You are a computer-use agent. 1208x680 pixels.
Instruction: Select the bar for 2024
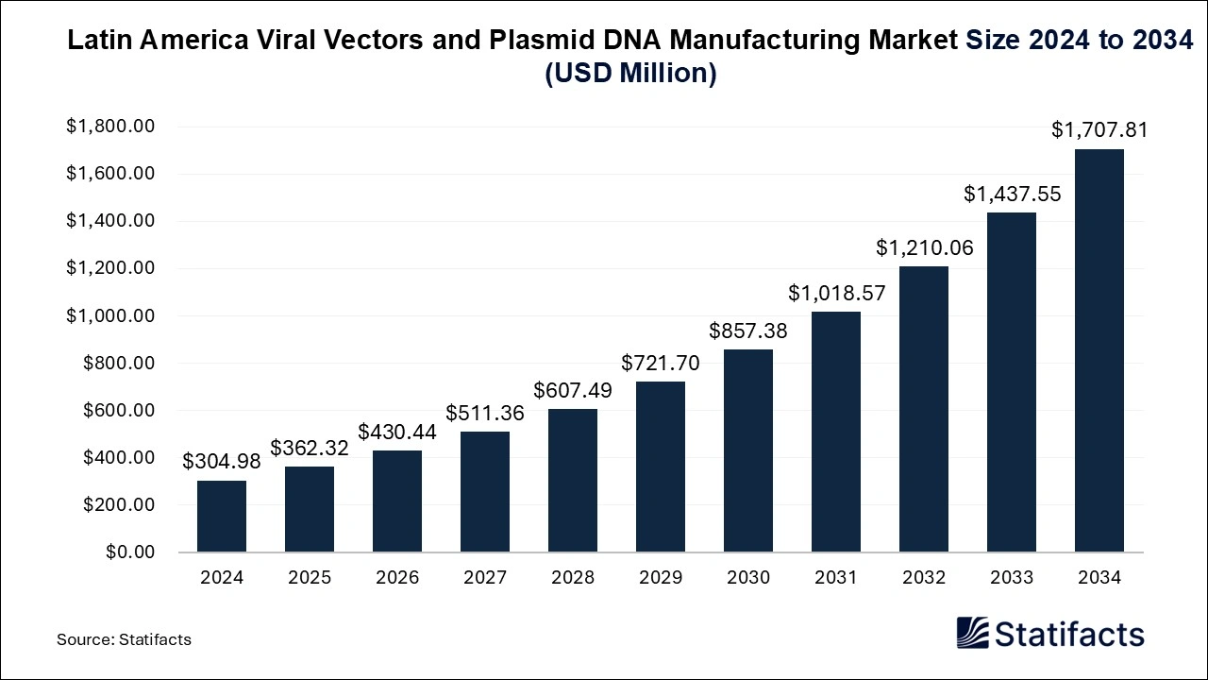(222, 516)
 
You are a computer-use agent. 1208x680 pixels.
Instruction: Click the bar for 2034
(1099, 350)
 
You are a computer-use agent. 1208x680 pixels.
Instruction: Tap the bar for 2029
(661, 467)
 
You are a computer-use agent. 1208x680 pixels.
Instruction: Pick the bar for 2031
(836, 432)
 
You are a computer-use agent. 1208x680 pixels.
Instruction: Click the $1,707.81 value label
(1099, 130)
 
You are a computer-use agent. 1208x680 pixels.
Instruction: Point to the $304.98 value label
(222, 462)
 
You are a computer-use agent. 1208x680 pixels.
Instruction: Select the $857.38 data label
(748, 331)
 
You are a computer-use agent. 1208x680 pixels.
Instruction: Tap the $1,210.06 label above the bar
(924, 248)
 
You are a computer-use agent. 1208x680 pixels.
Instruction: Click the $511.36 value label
(485, 413)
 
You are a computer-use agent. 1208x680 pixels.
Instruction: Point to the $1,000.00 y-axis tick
(109, 315)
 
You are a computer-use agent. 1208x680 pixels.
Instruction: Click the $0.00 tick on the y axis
(129, 552)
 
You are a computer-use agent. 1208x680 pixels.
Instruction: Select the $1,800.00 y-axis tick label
(109, 127)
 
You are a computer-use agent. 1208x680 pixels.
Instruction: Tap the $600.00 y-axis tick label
(119, 410)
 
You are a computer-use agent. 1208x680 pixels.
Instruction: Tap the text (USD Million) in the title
(630, 73)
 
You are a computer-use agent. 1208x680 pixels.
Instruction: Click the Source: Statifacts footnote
(124, 639)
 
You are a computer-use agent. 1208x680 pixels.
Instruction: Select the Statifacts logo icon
(972, 633)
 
